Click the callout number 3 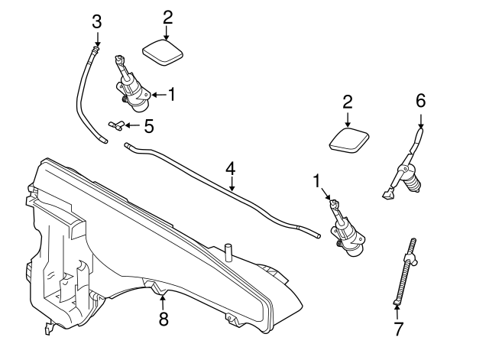point(96,21)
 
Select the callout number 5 point(149,124)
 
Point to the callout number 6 point(419,101)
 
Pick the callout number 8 point(164,319)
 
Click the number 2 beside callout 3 point(168,17)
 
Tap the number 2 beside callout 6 point(348,102)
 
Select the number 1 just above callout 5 point(172,94)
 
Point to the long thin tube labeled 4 point(222,187)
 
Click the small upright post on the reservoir point(227,252)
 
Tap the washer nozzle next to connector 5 point(132,83)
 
